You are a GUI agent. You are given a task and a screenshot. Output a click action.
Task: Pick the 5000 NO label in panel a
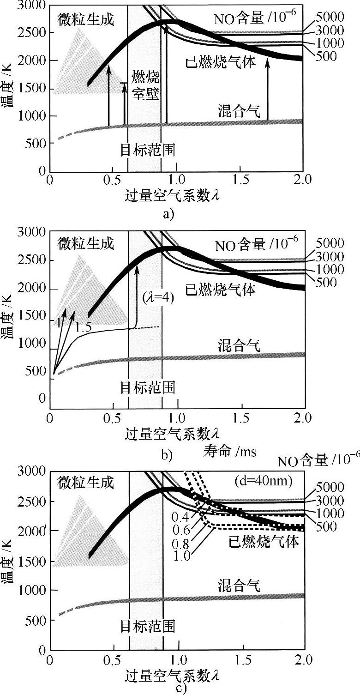(331, 18)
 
